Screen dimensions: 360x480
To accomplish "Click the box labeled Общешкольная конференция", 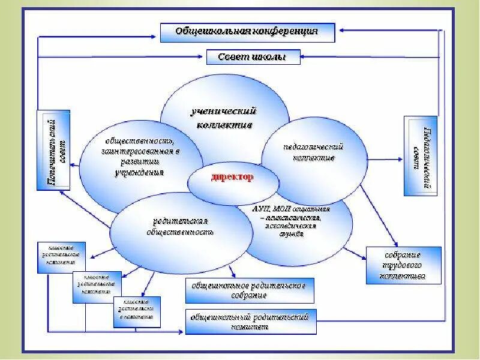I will coord(247,32).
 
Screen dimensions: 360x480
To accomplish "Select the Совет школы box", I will coord(246,57).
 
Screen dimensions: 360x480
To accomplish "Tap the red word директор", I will coord(232,178).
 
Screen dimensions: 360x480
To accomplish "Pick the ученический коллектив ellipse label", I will coord(224,118).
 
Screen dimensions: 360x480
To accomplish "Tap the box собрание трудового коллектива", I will coord(403,265).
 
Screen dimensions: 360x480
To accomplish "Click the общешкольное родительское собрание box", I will coord(249,290).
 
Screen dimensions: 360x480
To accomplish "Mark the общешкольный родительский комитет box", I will coord(250,321).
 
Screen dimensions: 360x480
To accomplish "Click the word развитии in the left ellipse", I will coord(139,161).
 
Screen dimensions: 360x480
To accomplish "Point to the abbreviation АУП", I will coord(263,209).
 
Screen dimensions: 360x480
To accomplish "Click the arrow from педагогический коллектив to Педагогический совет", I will coord(384,160).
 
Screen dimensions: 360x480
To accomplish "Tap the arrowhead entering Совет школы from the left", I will coord(204,57).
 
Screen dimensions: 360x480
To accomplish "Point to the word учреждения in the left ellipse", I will coord(139,172).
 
